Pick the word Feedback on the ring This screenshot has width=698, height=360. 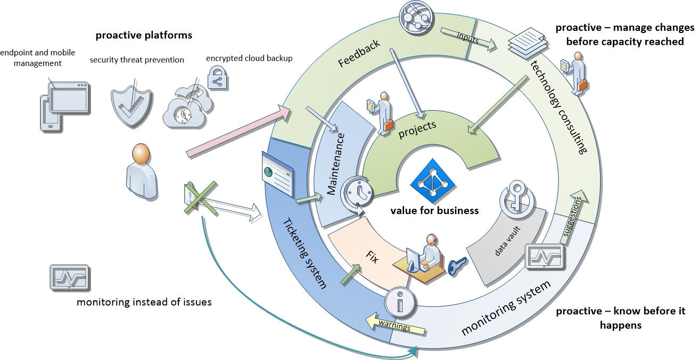click(359, 53)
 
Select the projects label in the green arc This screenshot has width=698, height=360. click(417, 129)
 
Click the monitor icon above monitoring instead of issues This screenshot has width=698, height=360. click(69, 277)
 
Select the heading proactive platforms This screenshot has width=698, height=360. click(144, 36)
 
